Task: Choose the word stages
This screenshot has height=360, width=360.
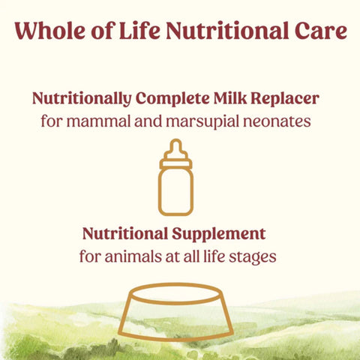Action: click(253, 255)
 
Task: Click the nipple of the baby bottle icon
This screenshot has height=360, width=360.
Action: click(175, 145)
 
